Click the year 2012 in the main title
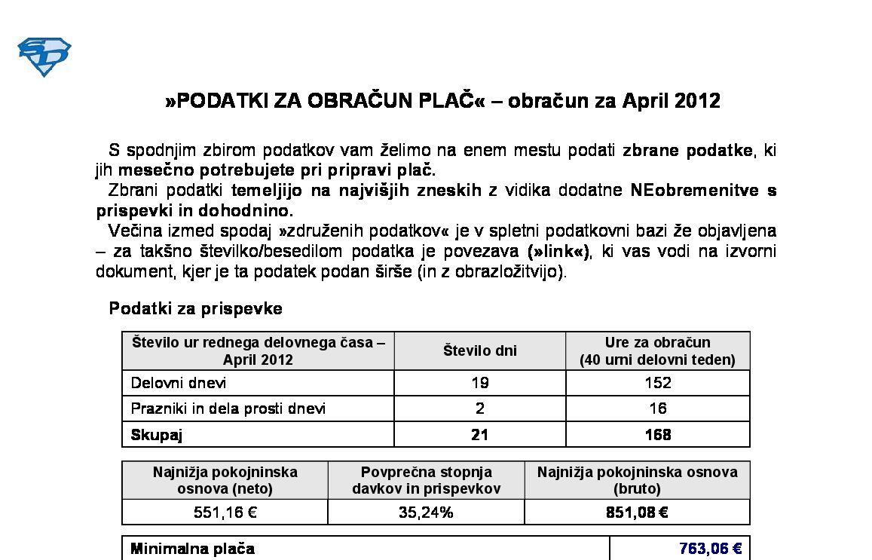click(x=697, y=101)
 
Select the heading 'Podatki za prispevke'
click(x=196, y=308)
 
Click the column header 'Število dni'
click(x=480, y=350)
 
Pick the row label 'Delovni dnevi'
click(x=179, y=383)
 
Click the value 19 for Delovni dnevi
click(x=480, y=383)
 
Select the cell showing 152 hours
click(x=657, y=383)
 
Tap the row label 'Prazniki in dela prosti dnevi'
click(x=228, y=409)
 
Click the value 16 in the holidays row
click(x=657, y=409)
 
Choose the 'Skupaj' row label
click(x=157, y=435)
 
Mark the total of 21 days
click(x=480, y=435)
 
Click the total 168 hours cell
click(x=657, y=435)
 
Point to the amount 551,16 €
click(x=225, y=513)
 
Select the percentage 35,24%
click(x=426, y=513)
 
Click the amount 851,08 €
click(x=637, y=513)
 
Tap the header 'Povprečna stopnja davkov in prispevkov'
click(x=426, y=480)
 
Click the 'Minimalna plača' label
click(x=193, y=549)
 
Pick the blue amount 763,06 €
click(x=710, y=549)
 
